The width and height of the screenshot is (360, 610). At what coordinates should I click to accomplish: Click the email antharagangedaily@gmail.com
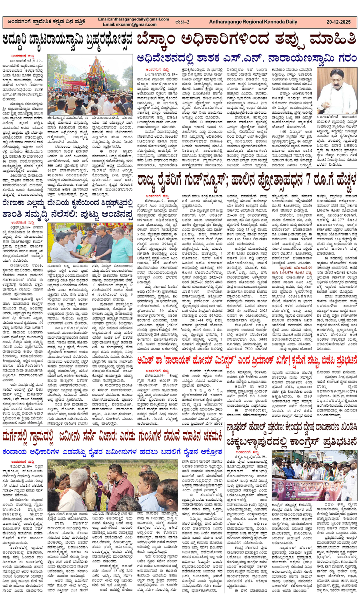[134, 19]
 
